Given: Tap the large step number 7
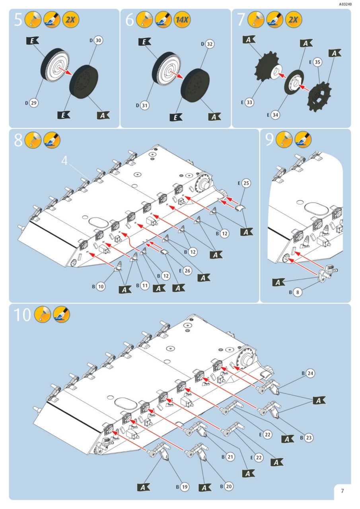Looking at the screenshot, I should pyautogui.click(x=240, y=19).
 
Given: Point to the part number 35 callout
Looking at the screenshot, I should pyautogui.click(x=317, y=62).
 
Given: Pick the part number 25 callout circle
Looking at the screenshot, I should pyautogui.click(x=246, y=183).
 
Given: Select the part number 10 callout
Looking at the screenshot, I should pyautogui.click(x=101, y=286).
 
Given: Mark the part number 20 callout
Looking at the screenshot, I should pyautogui.click(x=229, y=486).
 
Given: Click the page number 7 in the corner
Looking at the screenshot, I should pyautogui.click(x=342, y=491).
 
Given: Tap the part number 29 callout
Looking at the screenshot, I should pyautogui.click(x=34, y=103).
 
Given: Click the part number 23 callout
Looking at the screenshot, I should pyautogui.click(x=309, y=438).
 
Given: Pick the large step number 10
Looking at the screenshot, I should pyautogui.click(x=23, y=315).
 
